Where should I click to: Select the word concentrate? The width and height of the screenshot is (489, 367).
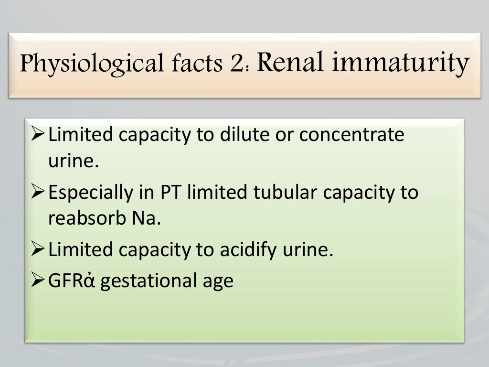click(352, 135)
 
